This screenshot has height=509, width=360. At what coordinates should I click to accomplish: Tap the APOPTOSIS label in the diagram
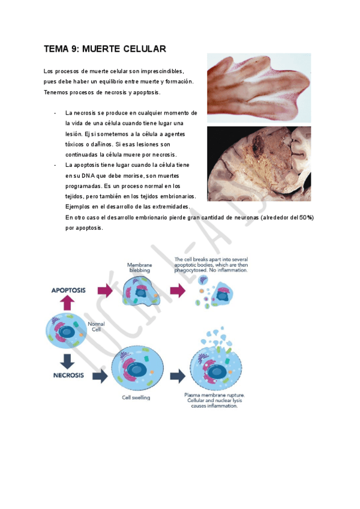pyautogui.click(x=68, y=290)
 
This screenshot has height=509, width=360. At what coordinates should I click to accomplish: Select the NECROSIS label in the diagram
pyautogui.click(x=68, y=375)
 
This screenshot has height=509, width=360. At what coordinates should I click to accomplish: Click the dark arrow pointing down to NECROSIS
pyautogui.click(x=67, y=361)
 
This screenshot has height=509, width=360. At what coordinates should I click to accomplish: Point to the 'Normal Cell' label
pyautogui.click(x=96, y=327)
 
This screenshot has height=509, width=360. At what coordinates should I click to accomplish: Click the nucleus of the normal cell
pyautogui.click(x=67, y=332)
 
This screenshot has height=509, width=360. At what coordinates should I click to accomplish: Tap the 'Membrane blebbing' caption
pyautogui.click(x=140, y=268)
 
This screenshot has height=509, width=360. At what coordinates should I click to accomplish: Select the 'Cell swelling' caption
pyautogui.click(x=136, y=397)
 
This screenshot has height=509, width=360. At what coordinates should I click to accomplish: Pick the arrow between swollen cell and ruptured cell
pyautogui.click(x=178, y=376)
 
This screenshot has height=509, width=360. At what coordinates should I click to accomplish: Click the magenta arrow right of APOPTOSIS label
pyautogui.click(x=105, y=290)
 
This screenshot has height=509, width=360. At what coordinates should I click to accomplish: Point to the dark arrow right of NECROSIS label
pyautogui.click(x=100, y=376)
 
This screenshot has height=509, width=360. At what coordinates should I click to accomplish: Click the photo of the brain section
pyautogui.click(x=259, y=164)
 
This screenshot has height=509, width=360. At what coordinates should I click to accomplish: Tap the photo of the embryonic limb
pyautogui.click(x=259, y=88)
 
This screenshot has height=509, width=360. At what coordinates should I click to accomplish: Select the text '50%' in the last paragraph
pyautogui.click(x=305, y=217)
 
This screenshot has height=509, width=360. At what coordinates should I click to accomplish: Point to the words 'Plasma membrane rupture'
pyautogui.click(x=215, y=395)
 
